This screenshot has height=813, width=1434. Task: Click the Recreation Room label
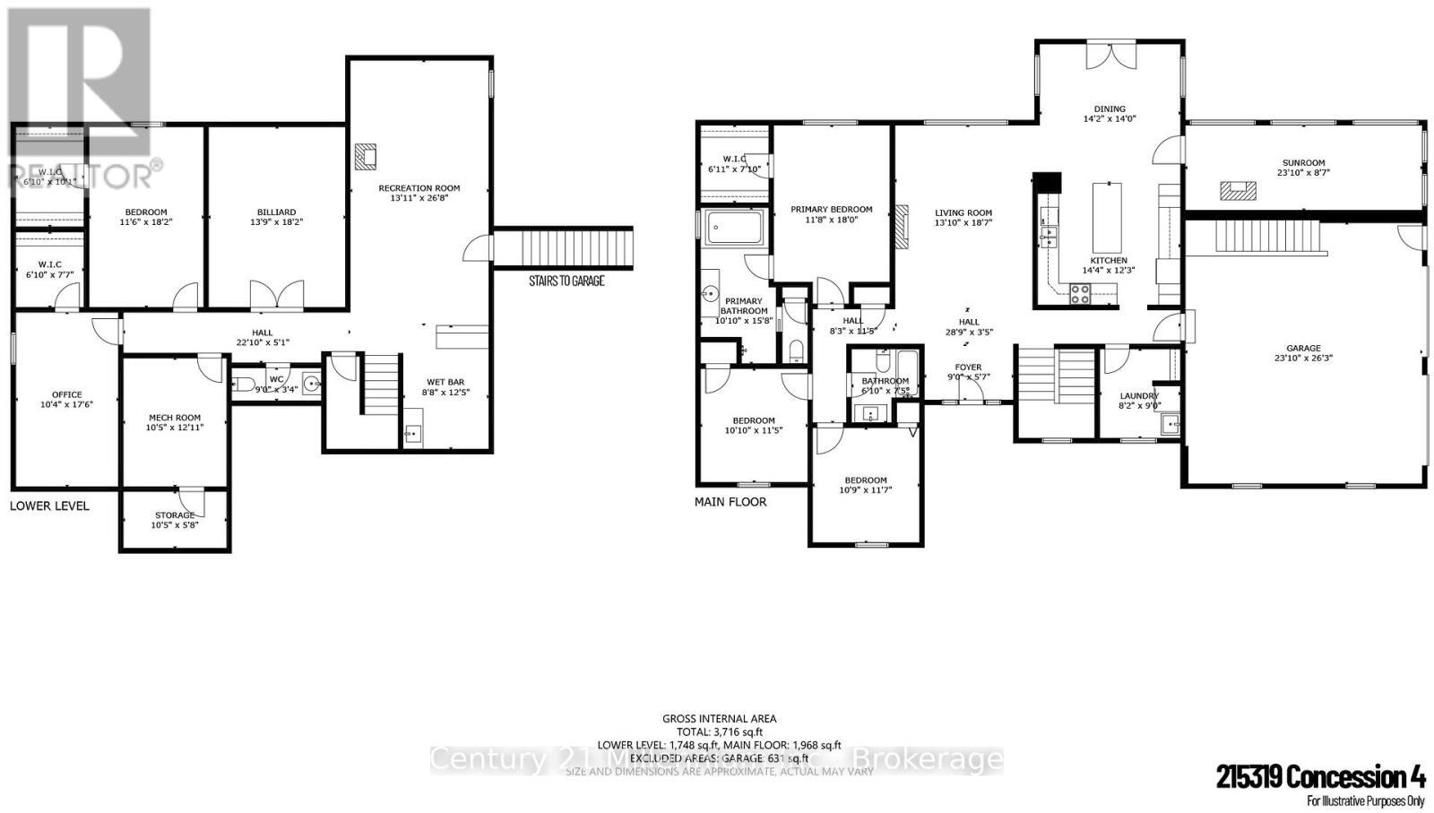point(419,188)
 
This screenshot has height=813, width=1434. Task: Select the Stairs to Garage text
point(566,281)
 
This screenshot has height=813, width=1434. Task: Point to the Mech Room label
point(175,418)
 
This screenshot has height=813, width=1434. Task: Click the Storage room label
point(175,515)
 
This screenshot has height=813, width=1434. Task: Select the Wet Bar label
point(445,382)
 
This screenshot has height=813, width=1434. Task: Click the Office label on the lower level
point(67,394)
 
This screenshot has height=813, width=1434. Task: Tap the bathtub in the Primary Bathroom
point(733,227)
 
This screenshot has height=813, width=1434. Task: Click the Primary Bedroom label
point(831,209)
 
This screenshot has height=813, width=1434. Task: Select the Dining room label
point(1110,109)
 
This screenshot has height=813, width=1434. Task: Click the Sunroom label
point(1303,163)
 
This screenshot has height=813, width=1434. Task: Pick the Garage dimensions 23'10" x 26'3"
point(1303,358)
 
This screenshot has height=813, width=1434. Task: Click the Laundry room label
point(1139,396)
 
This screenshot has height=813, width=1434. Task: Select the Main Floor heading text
point(730,502)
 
